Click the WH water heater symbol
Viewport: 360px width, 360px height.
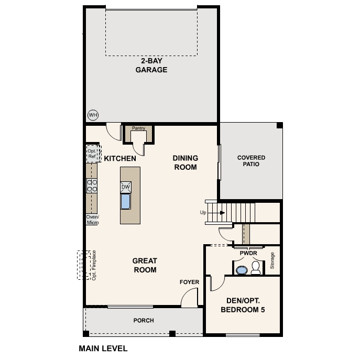93,115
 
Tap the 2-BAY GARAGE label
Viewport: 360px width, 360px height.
151,66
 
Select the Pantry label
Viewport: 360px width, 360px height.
138,128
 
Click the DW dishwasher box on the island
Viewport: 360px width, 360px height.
126,187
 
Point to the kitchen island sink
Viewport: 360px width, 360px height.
126,201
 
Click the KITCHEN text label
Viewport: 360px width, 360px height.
120,158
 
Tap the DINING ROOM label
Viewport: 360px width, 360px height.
185,162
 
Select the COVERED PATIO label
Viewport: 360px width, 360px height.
251,161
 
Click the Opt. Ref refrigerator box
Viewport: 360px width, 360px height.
92,154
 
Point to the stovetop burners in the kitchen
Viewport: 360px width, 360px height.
92,186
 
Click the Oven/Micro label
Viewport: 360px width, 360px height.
92,220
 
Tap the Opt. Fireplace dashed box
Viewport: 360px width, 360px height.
84,265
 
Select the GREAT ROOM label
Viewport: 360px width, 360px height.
145,265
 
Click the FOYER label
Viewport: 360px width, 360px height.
189,282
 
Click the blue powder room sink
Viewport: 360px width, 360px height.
241,270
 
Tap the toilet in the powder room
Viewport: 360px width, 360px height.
256,268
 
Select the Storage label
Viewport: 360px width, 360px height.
272,261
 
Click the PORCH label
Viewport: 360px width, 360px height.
144,320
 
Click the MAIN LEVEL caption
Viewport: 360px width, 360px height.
103,348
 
